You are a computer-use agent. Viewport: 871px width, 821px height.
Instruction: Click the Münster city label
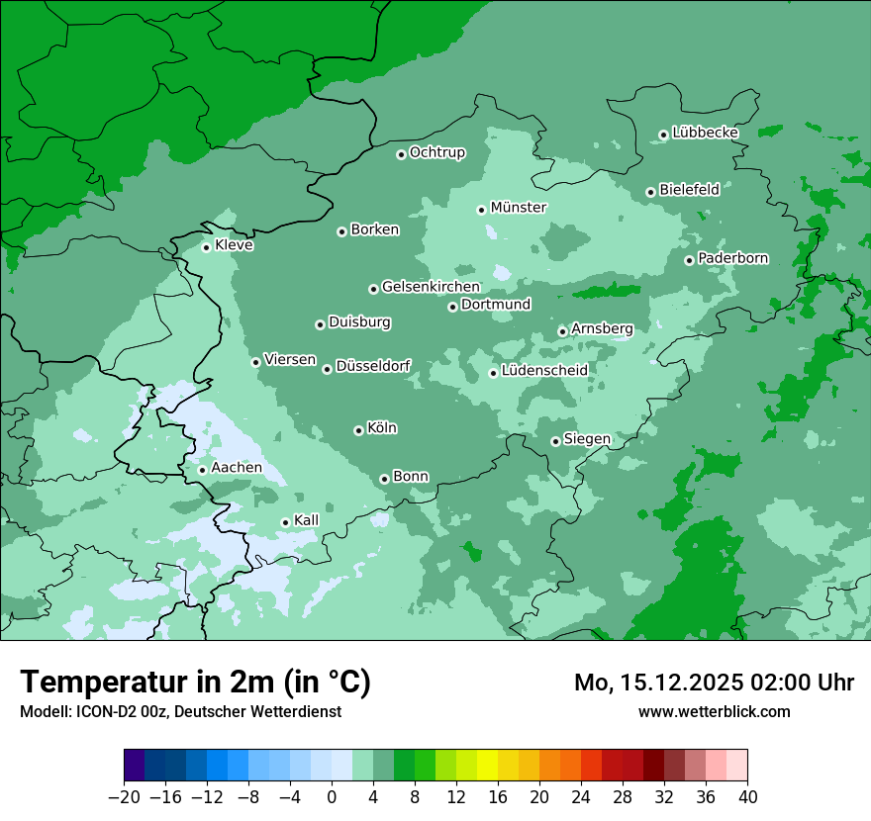click(x=518, y=208)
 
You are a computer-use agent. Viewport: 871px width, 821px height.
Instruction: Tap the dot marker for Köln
click(x=358, y=430)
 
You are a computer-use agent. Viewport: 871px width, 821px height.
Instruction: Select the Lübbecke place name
click(x=705, y=133)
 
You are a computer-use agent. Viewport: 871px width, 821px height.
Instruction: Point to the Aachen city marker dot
click(x=202, y=470)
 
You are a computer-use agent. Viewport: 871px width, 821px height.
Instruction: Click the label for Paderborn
click(x=732, y=258)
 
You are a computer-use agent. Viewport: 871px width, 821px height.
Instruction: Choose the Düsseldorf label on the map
click(x=373, y=367)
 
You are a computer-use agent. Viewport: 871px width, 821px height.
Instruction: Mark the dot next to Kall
click(x=285, y=522)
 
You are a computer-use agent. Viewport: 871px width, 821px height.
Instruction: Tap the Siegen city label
click(x=587, y=439)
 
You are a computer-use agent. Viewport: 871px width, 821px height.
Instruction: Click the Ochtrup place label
click(x=436, y=152)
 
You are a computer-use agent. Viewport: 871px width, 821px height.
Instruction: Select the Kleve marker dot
click(x=206, y=247)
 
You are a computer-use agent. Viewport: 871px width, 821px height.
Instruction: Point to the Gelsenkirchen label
click(x=431, y=287)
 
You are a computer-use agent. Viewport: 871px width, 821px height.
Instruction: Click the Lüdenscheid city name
click(x=544, y=371)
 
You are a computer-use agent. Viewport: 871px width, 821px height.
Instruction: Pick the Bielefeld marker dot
click(x=650, y=192)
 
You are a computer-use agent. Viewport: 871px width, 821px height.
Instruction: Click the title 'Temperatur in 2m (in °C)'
click(x=195, y=683)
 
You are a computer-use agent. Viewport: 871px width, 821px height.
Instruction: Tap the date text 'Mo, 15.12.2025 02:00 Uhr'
click(x=714, y=683)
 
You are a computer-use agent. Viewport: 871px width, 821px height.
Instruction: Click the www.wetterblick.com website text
click(x=714, y=711)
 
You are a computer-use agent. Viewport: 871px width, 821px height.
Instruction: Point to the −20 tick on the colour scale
click(x=124, y=797)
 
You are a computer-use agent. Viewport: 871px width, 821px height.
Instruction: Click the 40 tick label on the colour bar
click(x=747, y=797)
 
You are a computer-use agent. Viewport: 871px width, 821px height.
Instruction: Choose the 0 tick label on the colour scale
click(x=332, y=797)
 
